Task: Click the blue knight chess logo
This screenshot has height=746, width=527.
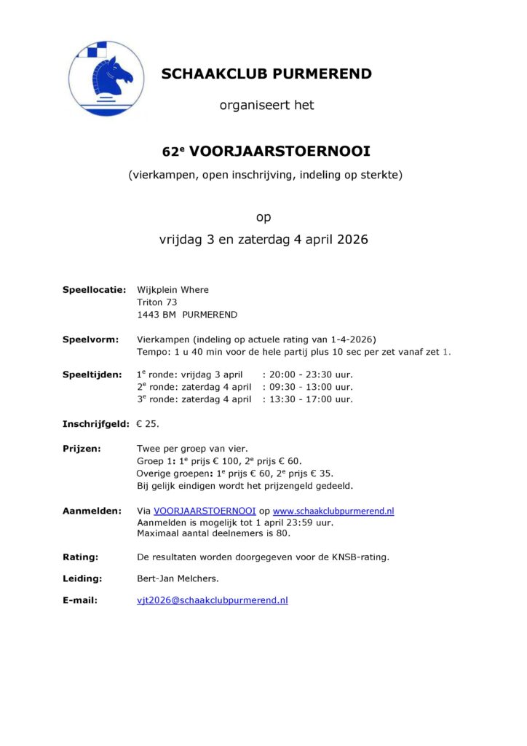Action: [106, 79]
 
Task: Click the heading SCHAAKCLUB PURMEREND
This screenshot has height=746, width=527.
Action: [266, 74]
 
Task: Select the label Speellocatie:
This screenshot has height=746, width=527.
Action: [95, 289]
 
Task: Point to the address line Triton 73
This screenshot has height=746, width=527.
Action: [157, 302]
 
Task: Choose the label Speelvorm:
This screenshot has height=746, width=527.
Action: [90, 339]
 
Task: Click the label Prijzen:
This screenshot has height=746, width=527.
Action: [82, 449]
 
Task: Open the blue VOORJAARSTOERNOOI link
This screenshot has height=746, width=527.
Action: [205, 511]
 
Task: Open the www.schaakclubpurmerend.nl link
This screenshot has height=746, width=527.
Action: [333, 511]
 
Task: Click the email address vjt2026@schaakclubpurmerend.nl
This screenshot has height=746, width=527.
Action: [213, 600]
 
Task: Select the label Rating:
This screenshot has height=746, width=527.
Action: [80, 557]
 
